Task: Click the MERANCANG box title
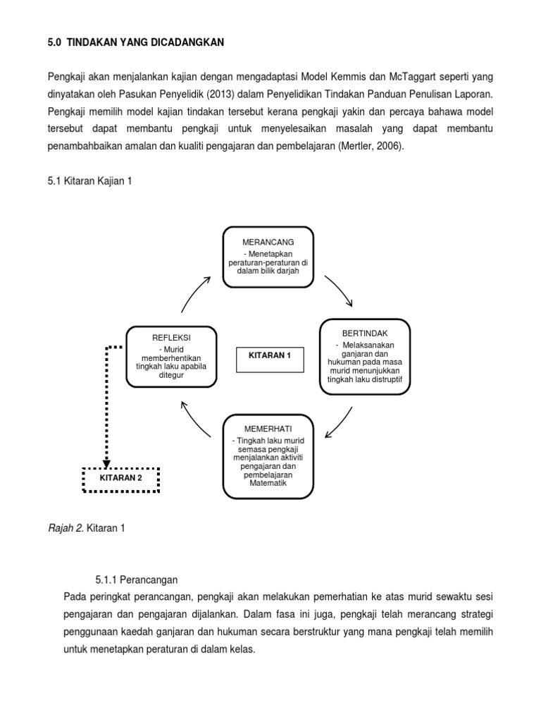268,242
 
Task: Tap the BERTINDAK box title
365,332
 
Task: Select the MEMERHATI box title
268,429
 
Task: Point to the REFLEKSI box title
171,338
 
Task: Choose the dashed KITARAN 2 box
120,478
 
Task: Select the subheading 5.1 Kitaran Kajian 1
89,181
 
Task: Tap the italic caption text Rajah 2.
66,527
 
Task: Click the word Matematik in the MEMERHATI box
268,484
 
